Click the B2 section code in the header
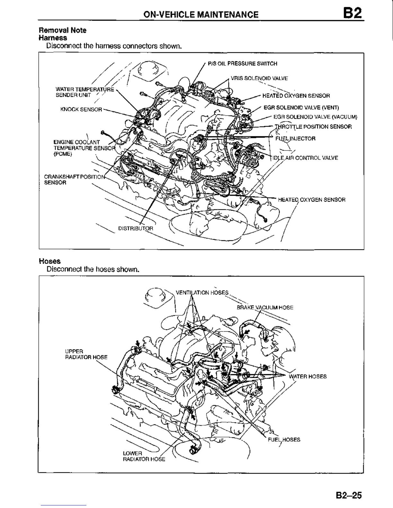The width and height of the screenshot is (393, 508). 352,13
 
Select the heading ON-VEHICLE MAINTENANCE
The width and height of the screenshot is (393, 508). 201,14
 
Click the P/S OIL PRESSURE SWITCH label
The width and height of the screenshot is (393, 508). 242,63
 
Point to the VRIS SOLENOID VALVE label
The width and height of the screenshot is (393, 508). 259,78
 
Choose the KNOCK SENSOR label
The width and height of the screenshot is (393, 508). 81,109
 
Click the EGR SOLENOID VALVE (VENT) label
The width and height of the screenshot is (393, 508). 301,108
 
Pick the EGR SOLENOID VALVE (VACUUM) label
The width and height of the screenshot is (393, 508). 315,117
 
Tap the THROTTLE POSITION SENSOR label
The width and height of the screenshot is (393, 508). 313,127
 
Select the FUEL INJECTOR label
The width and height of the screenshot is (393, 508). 295,139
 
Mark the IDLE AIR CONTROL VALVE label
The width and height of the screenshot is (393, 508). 304,158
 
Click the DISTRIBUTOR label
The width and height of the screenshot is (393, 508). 135,228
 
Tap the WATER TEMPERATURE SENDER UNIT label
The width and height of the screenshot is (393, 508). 84,92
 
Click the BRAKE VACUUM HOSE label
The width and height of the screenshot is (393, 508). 265,308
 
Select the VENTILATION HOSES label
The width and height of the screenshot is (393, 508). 202,292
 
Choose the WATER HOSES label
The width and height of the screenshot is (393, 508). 308,377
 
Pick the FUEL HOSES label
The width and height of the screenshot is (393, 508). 284,440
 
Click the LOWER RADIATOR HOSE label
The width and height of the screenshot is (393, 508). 144,456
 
